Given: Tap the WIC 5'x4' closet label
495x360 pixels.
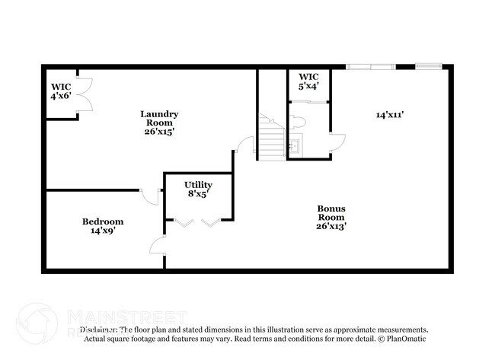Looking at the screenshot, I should (x=308, y=81).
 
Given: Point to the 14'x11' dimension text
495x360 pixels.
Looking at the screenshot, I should (x=389, y=115).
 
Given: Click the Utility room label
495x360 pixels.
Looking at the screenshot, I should (x=198, y=189).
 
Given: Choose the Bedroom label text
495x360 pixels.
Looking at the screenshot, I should (x=103, y=225).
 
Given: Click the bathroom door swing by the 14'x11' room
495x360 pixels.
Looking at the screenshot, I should (x=338, y=142).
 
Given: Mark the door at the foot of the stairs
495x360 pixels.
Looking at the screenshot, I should (x=244, y=145).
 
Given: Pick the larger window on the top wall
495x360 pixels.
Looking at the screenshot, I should (x=369, y=67).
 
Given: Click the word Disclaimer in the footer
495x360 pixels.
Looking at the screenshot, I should (x=99, y=330).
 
